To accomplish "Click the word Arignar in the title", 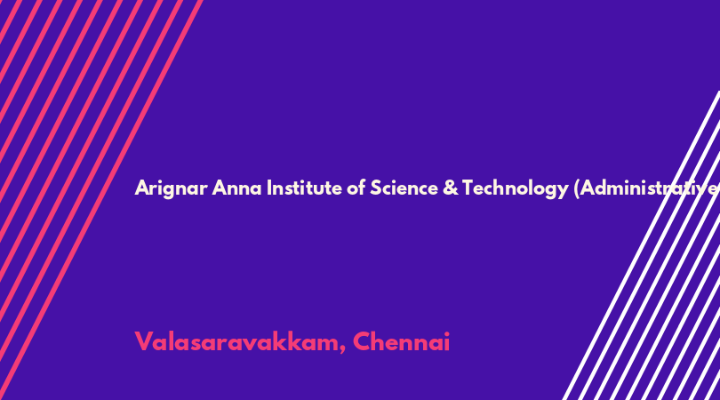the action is pyautogui.click(x=171, y=188).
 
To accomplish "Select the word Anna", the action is pyautogui.click(x=237, y=188).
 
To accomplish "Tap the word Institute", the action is pyautogui.click(x=304, y=188).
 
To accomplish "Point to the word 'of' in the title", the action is pyautogui.click(x=356, y=188).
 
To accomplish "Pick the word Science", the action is pyautogui.click(x=404, y=188).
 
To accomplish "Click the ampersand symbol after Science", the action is pyautogui.click(x=451, y=188).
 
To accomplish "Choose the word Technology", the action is pyautogui.click(x=516, y=188).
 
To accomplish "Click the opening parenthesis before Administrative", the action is pyautogui.click(x=577, y=188).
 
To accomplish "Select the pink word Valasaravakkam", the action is pyautogui.click(x=237, y=342).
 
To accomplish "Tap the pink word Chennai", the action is pyautogui.click(x=401, y=342).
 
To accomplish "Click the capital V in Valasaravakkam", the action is pyautogui.click(x=143, y=342).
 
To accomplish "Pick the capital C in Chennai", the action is pyautogui.click(x=362, y=342).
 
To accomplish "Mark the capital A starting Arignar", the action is pyautogui.click(x=142, y=188).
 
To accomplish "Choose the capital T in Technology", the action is pyautogui.click(x=468, y=188).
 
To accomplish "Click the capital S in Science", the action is pyautogui.click(x=376, y=188).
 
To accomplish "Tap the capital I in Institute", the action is pyautogui.click(x=269, y=188).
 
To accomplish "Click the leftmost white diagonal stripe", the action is pyautogui.click(x=642, y=245).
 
